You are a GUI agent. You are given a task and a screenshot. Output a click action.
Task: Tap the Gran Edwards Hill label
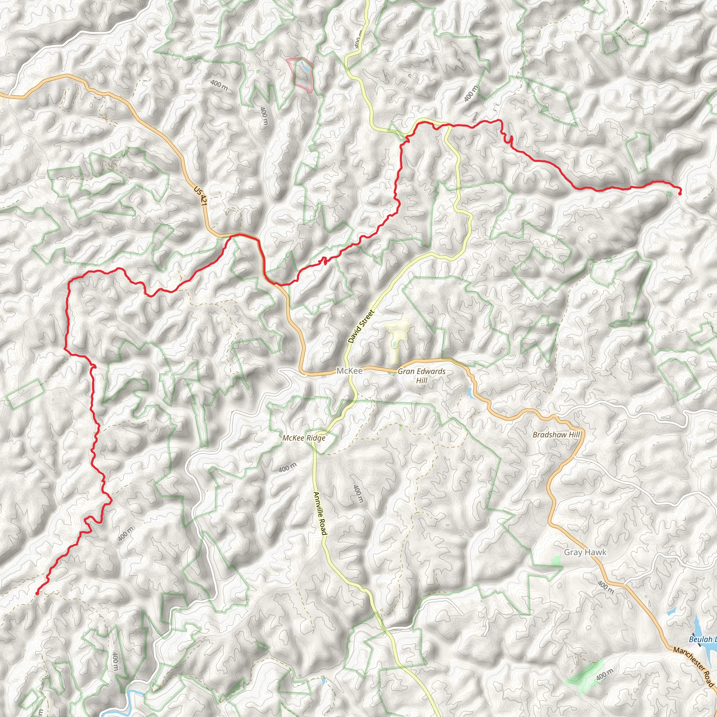(422, 376)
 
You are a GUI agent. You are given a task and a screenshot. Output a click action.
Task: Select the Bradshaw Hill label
(556, 434)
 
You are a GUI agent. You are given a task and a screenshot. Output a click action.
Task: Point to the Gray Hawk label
(585, 552)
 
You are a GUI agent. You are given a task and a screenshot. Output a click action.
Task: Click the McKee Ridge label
(304, 438)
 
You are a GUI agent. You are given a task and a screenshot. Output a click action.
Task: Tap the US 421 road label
(200, 196)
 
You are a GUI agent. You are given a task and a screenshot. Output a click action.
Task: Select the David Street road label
(361, 326)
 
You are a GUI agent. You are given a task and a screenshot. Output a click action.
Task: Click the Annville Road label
(320, 513)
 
